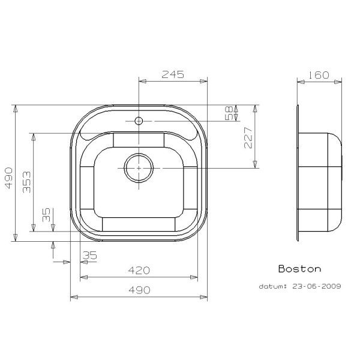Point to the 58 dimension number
click(x=228, y=114)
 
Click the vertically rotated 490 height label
click(x=7, y=177)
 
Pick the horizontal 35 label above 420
click(x=89, y=256)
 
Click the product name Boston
click(x=299, y=269)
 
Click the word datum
click(x=273, y=286)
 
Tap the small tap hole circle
click(x=139, y=121)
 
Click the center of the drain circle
click(x=139, y=167)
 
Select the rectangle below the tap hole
click(x=139, y=139)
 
